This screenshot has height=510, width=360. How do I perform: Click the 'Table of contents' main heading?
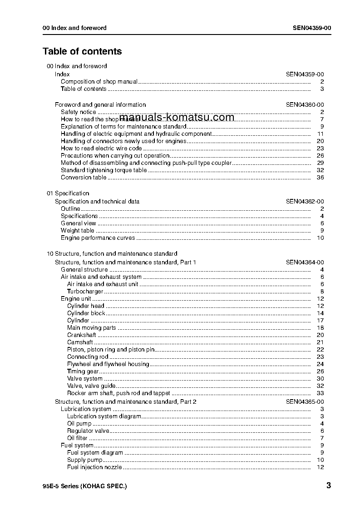point(82,51)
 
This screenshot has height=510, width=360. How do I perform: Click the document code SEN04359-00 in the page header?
point(312,28)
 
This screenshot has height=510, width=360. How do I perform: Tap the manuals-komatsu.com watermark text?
point(177,118)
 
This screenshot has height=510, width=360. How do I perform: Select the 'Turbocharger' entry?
point(85,292)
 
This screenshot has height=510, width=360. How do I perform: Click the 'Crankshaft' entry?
point(81,335)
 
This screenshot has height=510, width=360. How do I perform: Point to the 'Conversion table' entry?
point(84,178)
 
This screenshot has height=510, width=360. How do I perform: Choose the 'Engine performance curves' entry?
point(98,238)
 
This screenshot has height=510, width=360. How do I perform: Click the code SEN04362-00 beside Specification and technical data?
point(305,202)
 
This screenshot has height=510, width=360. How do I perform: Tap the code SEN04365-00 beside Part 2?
point(305,402)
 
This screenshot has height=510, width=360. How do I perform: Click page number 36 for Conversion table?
point(320,178)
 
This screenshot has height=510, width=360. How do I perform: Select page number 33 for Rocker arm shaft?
point(320,393)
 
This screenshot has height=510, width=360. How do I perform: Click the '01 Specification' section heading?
point(68,193)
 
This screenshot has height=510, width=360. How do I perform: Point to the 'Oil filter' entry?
point(77,438)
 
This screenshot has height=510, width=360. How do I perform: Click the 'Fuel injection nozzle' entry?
point(94,467)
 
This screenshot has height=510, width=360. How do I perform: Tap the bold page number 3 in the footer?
point(328,485)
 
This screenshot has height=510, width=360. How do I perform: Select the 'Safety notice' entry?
point(79,112)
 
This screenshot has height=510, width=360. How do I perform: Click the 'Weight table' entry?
point(78,231)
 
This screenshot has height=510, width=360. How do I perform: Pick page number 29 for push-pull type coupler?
point(320,163)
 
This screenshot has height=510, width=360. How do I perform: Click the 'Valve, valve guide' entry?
point(91,386)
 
